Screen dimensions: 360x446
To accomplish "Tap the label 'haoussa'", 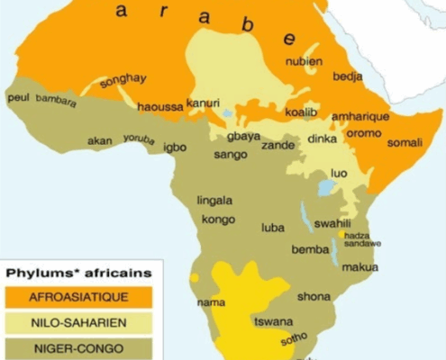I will click(x=159, y=106).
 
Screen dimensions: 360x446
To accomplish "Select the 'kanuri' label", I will click(x=203, y=103).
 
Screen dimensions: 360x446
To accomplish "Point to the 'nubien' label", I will click(x=303, y=62).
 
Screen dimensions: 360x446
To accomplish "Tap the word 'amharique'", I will click(x=360, y=117).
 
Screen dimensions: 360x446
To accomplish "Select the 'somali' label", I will click(x=405, y=142).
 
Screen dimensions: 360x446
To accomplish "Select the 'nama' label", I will click(x=211, y=302).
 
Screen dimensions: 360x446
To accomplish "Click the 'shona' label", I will click(x=314, y=296).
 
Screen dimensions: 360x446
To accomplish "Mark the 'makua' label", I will click(x=360, y=267).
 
